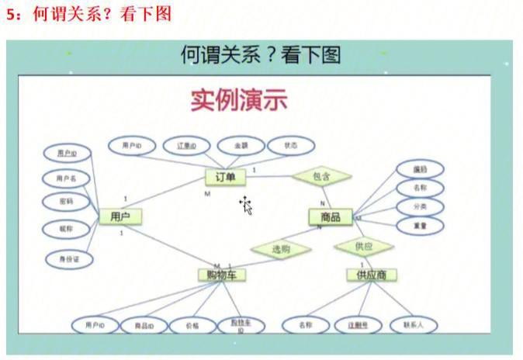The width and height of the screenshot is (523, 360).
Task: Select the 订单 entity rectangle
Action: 225,178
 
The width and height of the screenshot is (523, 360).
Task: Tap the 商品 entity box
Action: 331,217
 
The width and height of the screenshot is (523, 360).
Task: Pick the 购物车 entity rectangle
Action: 222,275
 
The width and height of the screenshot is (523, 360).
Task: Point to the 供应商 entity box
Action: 372,275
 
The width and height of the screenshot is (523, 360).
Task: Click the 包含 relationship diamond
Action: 321,177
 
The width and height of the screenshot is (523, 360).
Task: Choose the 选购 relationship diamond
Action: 280,250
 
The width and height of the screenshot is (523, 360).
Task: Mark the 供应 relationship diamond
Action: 363,247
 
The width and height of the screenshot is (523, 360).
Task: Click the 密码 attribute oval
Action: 66,202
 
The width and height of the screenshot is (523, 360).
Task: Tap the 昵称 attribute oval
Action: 66,230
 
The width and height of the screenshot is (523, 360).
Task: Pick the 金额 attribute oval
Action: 238,145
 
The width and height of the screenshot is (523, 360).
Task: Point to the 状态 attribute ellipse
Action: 290,145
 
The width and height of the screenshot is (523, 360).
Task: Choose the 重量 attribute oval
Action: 419,225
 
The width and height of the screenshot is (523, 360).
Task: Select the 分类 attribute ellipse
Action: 419,206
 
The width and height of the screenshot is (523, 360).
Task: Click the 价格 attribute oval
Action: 190,326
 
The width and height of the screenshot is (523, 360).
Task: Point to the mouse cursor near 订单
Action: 246,205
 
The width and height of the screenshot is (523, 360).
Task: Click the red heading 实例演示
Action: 239,101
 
